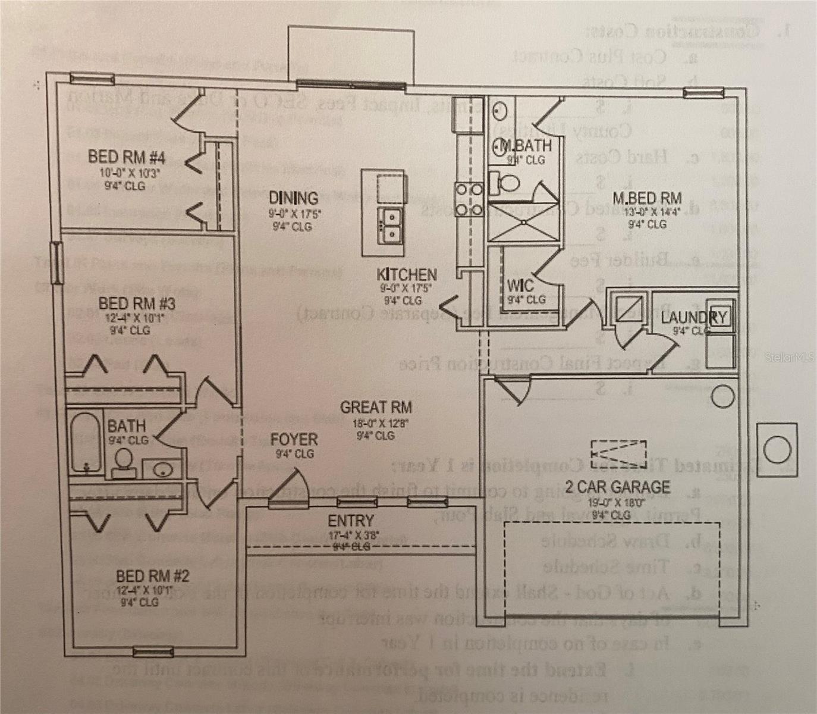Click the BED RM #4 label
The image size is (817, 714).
[x=126, y=157]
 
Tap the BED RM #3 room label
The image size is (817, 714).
[x=136, y=304]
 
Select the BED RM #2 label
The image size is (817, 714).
[x=152, y=576]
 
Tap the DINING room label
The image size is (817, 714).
[x=293, y=198]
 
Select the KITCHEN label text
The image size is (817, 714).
[x=407, y=275]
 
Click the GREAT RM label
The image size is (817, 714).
[x=376, y=408]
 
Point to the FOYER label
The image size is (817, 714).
[x=294, y=440]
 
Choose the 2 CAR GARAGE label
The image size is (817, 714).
[x=617, y=487]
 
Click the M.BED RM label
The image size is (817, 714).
[x=647, y=198]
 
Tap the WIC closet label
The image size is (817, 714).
[x=520, y=285]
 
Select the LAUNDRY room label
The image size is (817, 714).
[x=693, y=317]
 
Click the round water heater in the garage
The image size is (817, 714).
[x=722, y=396]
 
